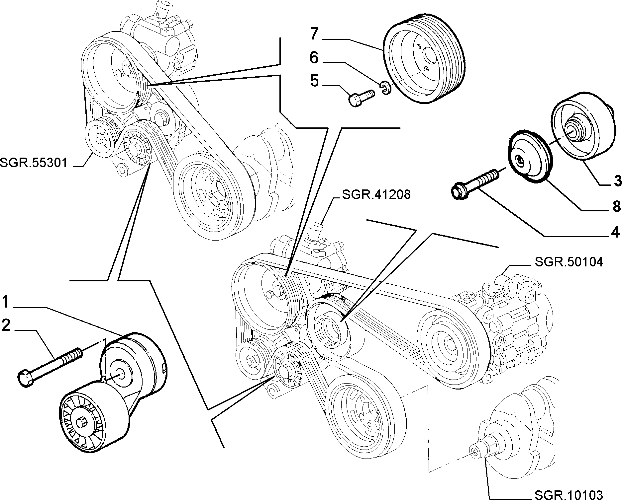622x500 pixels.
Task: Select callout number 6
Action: click(x=314, y=58)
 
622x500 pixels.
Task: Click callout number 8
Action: click(x=617, y=207)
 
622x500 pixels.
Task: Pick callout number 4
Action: click(x=616, y=232)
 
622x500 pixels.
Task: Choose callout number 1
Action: click(x=6, y=303)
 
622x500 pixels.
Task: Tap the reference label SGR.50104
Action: click(x=569, y=262)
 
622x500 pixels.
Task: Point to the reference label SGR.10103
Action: click(x=569, y=494)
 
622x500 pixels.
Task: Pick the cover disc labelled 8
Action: click(x=531, y=157)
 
